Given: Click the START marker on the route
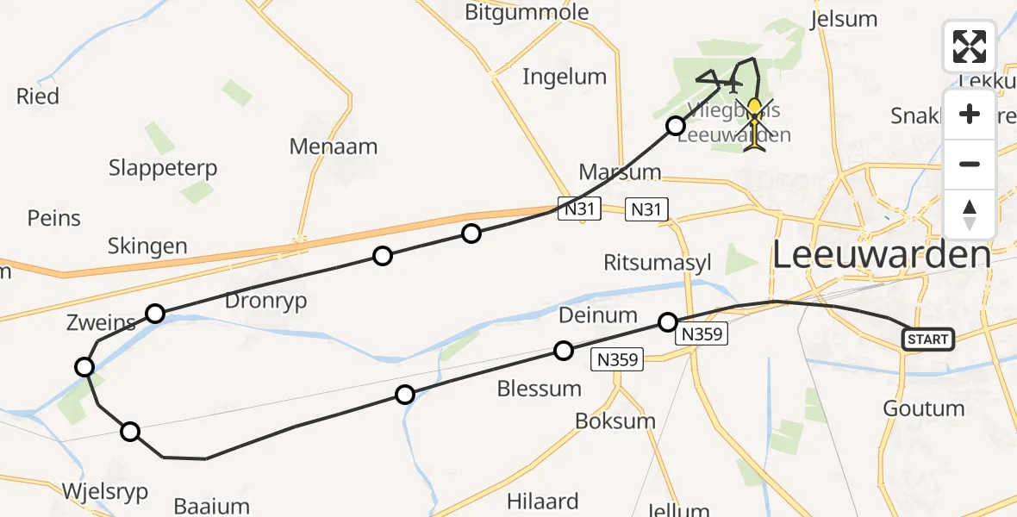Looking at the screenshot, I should [927, 339].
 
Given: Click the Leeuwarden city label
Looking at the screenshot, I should [882, 255].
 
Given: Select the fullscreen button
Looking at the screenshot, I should [970, 47].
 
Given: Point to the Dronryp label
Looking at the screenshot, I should [265, 301].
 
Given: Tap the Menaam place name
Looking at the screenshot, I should [334, 146].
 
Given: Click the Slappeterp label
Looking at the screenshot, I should [163, 167].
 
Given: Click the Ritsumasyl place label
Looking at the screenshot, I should [658, 263].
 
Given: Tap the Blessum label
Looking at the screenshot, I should [540, 389].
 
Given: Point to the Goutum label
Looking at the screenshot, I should [924, 408].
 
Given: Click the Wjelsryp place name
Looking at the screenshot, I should [105, 491].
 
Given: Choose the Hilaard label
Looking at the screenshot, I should [542, 501].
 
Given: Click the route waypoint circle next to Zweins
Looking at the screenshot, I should [155, 313].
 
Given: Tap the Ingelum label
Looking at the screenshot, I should [565, 77].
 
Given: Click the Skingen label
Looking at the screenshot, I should [147, 246].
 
